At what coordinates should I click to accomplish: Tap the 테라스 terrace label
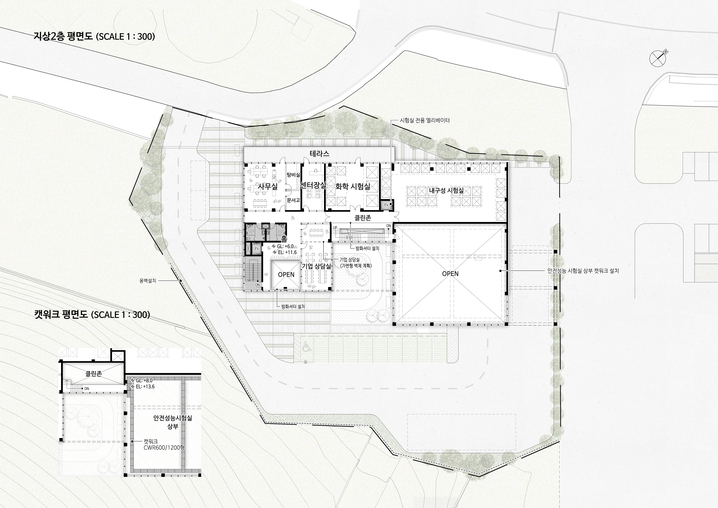(320, 154)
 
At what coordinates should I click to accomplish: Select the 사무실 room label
(268, 187)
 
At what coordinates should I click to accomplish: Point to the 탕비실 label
(293, 175)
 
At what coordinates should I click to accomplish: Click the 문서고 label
(293, 200)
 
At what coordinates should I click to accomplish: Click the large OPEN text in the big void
(450, 274)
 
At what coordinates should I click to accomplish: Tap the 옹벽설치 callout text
(148, 281)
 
